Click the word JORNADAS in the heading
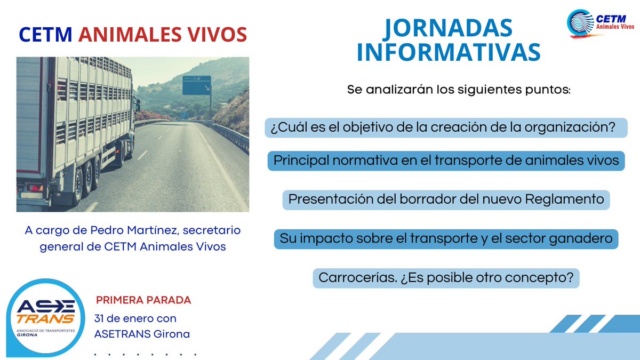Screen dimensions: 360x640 [448, 28]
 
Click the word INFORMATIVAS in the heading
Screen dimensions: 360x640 [449, 52]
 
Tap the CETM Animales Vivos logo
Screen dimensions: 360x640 [600, 24]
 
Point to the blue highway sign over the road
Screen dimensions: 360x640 [196, 85]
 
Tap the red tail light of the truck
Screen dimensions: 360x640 [34, 188]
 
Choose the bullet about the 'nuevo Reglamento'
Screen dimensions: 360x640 [445, 199]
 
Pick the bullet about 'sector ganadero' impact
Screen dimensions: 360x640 [445, 238]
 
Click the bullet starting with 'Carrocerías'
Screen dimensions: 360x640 [445, 278]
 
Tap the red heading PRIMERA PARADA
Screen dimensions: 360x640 [143, 300]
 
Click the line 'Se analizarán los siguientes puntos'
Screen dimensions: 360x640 [459, 89]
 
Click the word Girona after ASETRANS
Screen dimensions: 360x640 [171, 334]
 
